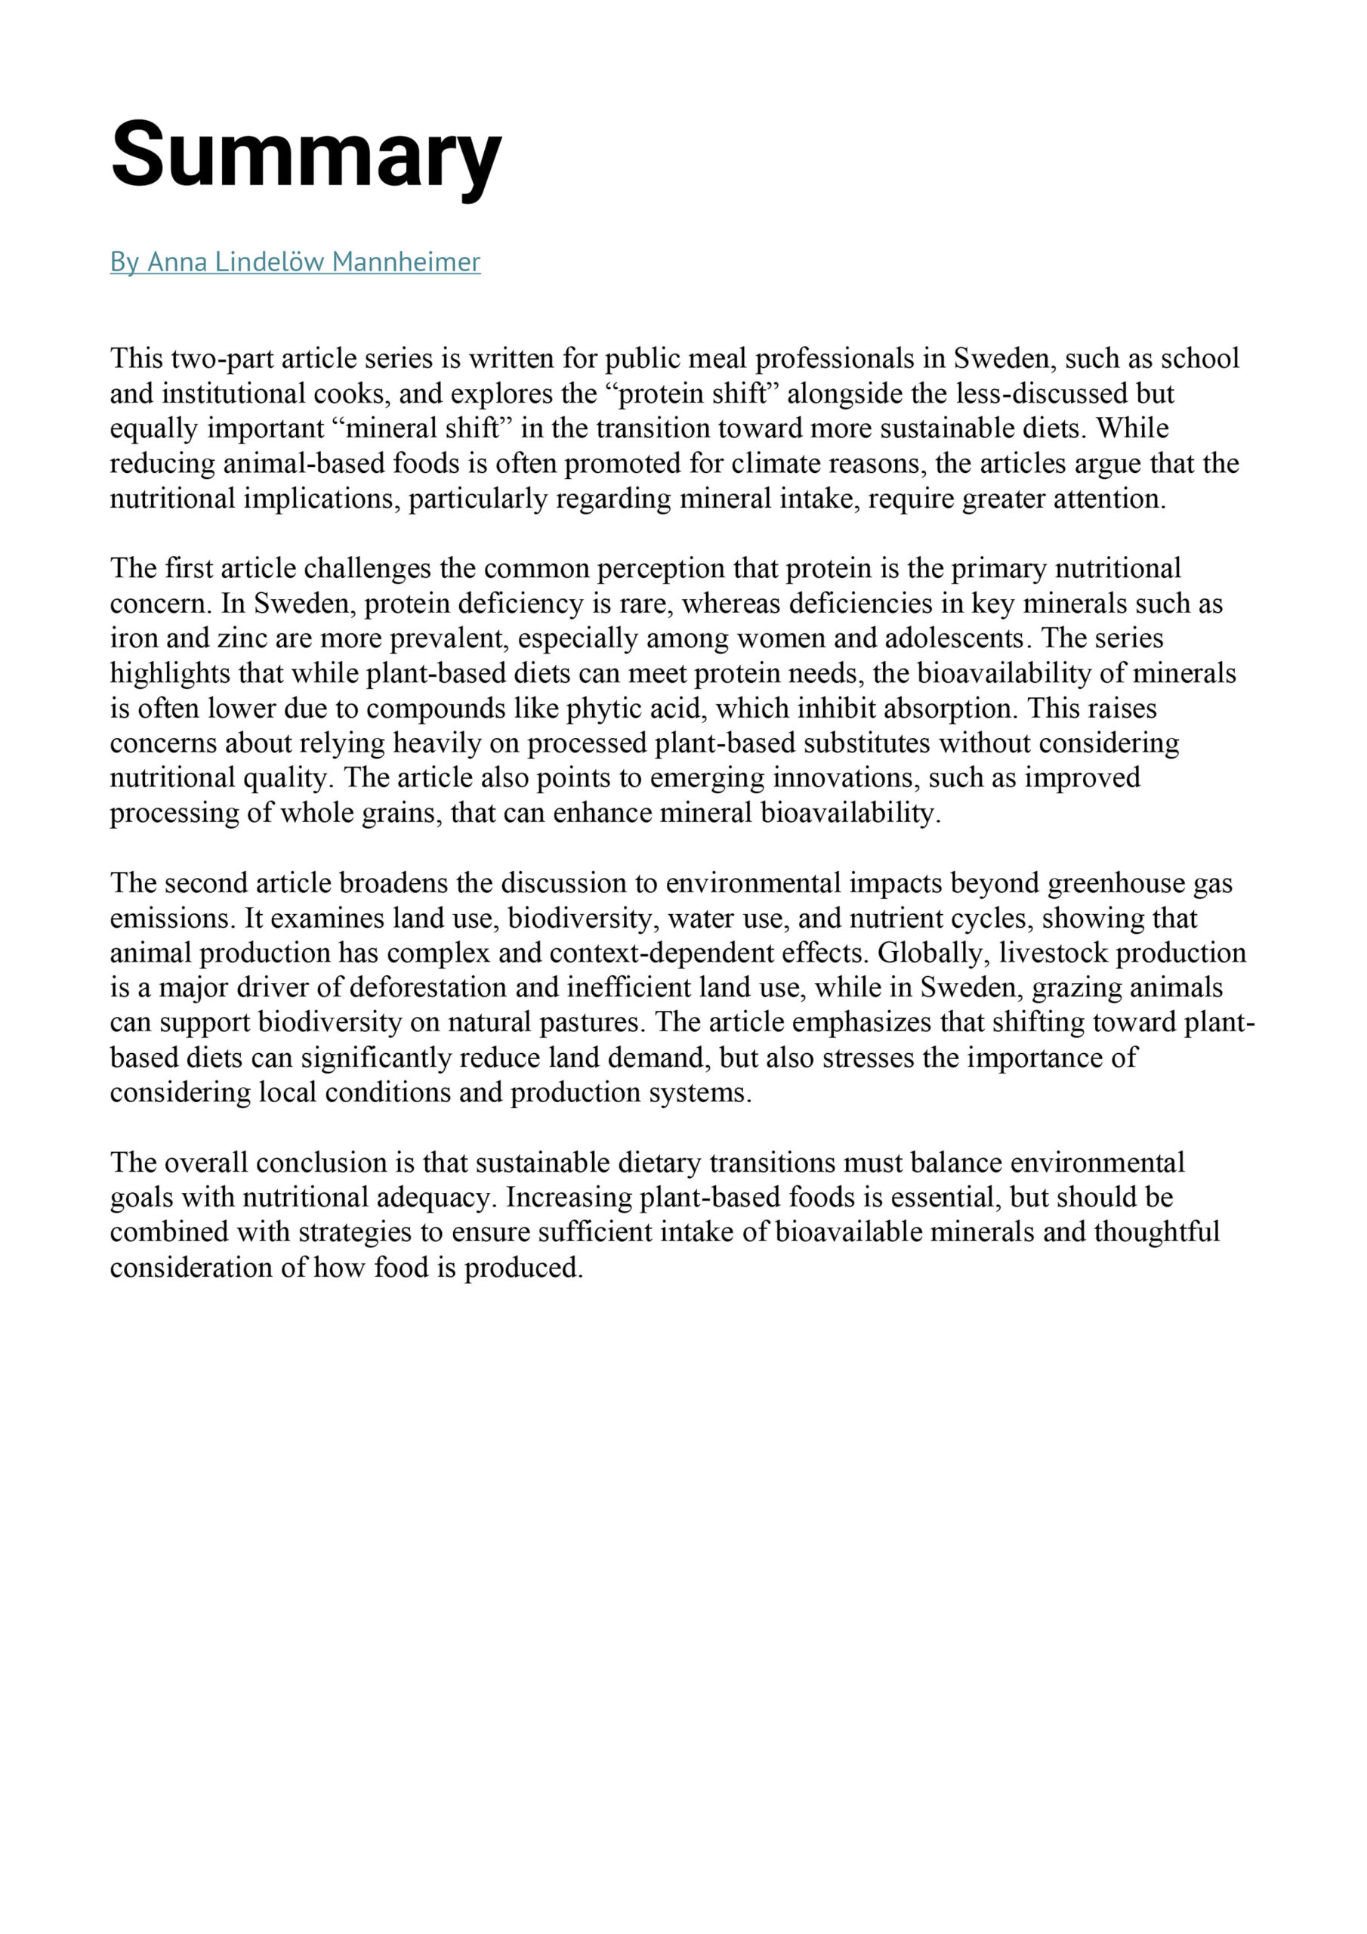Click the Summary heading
coord(306,156)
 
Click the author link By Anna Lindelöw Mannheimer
coord(295,262)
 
